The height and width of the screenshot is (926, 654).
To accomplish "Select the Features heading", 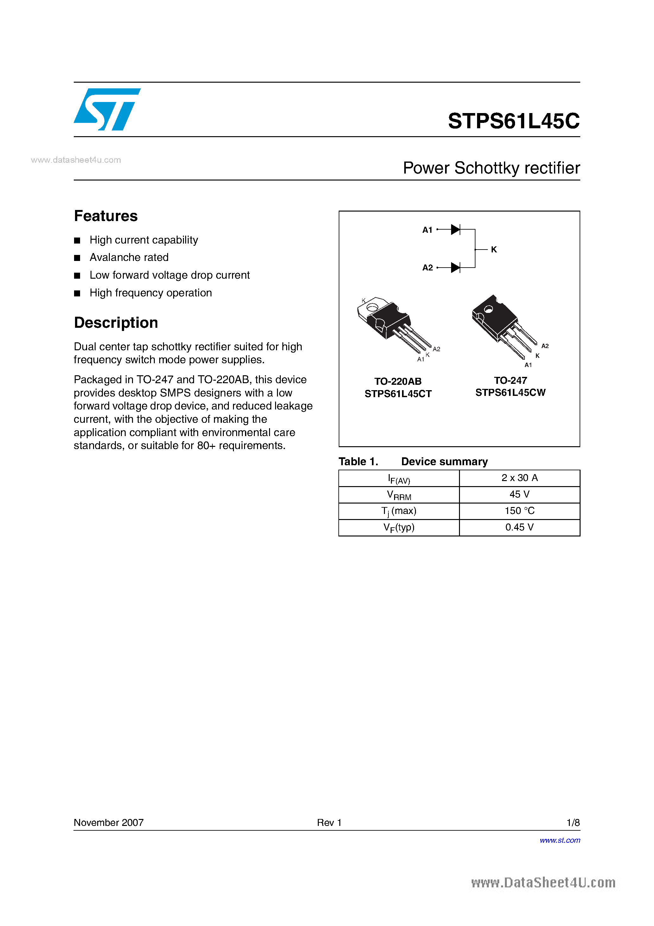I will [x=106, y=216].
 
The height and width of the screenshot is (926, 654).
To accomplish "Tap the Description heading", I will [x=116, y=323].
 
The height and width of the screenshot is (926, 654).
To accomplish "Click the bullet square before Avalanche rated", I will [x=77, y=258].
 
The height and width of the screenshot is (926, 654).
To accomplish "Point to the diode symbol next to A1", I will [x=455, y=230].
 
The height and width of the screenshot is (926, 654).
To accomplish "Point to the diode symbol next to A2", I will [x=455, y=267].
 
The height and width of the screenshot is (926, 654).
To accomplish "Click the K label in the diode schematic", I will [x=494, y=250].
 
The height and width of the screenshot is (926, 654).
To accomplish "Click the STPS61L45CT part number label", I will [x=398, y=394].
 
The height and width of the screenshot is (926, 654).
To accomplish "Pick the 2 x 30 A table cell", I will [x=519, y=478].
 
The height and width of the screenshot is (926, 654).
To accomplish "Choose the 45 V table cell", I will [x=519, y=494].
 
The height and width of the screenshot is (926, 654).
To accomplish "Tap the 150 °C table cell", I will [x=519, y=511].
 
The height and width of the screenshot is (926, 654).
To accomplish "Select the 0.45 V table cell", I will [x=519, y=528].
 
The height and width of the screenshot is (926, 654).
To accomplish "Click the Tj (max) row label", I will [x=399, y=511].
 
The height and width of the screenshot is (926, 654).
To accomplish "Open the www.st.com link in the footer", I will [x=560, y=840].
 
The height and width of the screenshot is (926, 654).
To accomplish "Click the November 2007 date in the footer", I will [x=109, y=822].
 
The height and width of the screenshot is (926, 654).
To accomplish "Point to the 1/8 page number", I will [x=573, y=822].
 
